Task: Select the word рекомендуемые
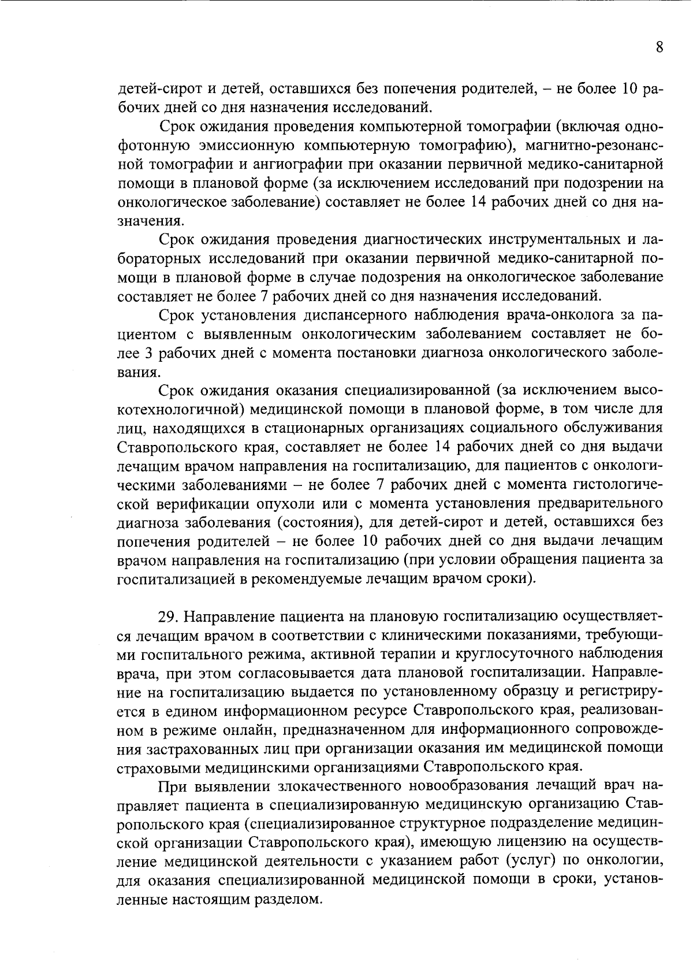[308, 580]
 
